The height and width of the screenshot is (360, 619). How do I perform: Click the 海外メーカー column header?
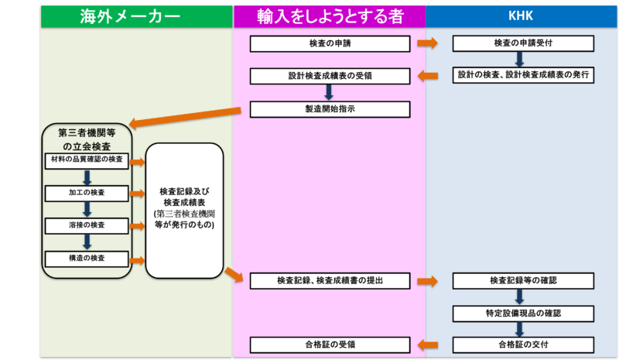point(137,15)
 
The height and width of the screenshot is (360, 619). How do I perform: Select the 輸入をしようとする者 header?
point(329,15)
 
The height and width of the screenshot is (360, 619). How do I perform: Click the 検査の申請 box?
point(330,43)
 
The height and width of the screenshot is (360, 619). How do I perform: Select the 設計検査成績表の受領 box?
point(330,76)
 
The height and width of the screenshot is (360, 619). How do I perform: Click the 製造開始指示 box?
point(330,109)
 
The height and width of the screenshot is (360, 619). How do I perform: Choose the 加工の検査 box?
point(86,191)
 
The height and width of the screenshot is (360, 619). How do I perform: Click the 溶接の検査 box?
point(86,225)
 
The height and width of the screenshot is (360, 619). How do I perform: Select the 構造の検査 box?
point(86,258)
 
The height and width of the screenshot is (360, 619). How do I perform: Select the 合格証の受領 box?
point(330,345)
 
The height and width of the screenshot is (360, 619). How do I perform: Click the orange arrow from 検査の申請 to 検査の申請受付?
point(427,43)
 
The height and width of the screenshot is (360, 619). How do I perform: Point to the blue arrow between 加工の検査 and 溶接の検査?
point(87,208)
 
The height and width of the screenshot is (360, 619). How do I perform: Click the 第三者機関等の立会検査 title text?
point(87,139)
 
